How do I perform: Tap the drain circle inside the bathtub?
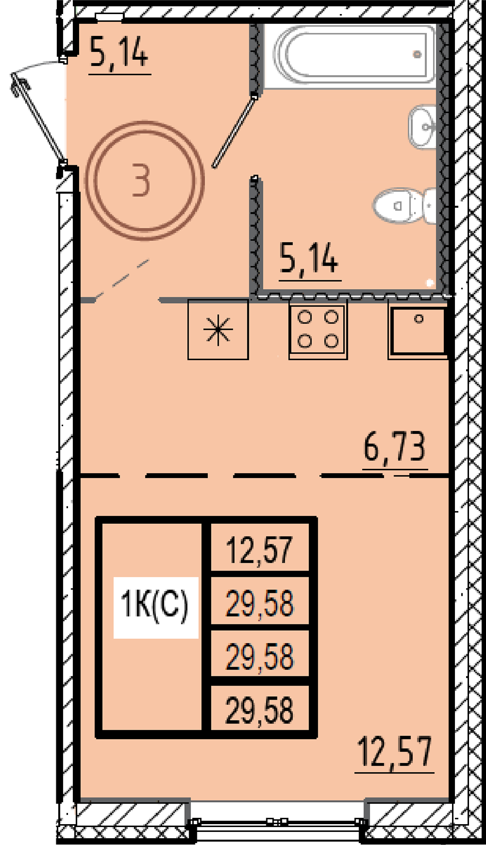[417, 54]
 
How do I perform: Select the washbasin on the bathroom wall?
[422, 127]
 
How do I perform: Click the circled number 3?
[144, 180]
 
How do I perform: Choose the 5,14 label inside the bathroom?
[309, 259]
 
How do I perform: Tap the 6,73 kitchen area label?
[395, 447]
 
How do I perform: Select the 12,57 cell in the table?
[260, 550]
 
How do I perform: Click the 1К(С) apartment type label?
[155, 605]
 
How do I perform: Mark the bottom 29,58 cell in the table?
[260, 710]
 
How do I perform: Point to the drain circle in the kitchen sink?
[418, 319]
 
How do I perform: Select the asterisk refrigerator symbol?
[218, 330]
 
